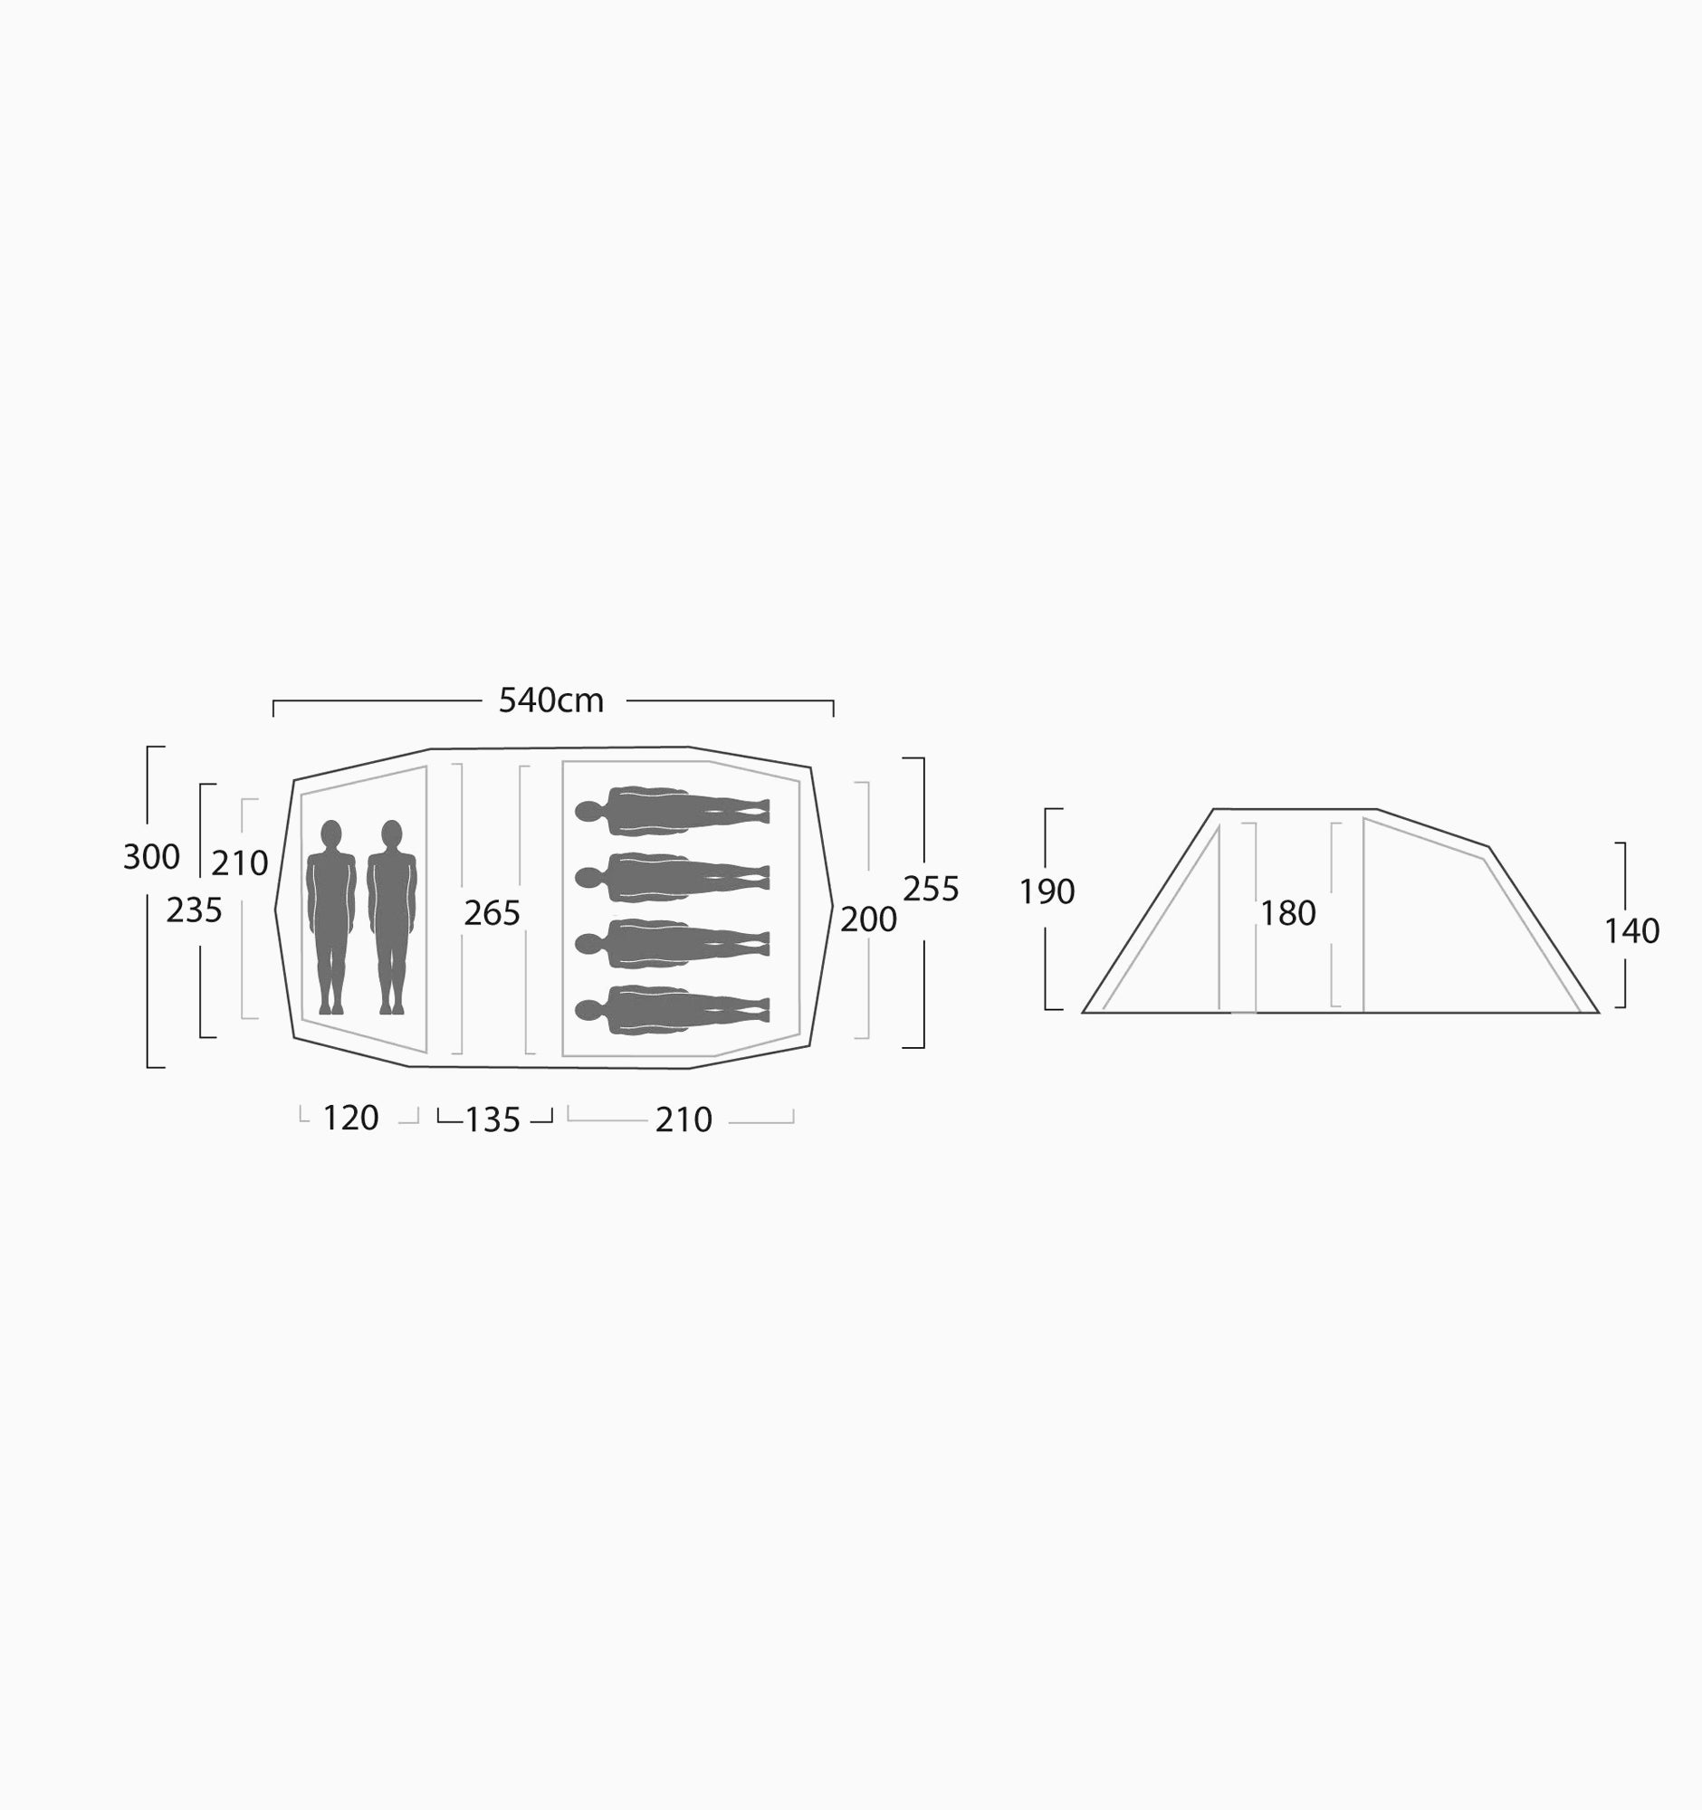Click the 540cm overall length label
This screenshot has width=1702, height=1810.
551,700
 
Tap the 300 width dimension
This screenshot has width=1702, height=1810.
151,857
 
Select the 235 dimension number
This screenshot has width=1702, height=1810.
194,910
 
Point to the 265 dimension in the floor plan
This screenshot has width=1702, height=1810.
492,913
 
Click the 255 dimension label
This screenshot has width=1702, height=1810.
931,889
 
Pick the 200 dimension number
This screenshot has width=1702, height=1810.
868,919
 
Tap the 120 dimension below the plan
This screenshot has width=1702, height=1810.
350,1118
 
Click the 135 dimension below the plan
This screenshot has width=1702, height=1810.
492,1119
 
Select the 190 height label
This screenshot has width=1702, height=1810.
1047,892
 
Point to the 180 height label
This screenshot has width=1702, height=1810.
1287,913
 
